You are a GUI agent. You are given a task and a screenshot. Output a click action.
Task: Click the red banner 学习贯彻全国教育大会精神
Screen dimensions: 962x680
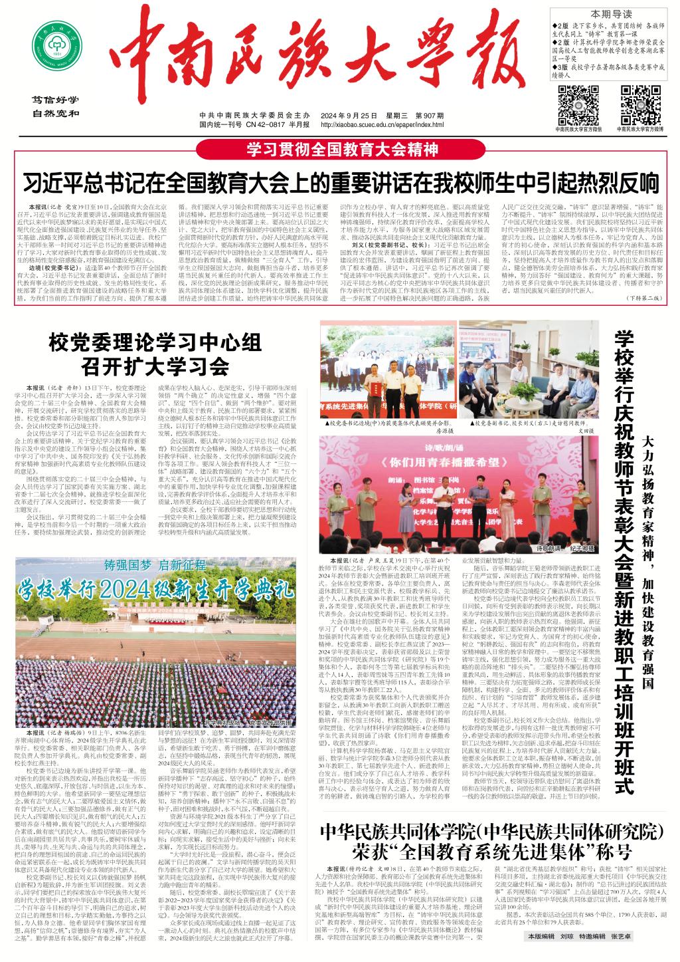pos(341,148)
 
